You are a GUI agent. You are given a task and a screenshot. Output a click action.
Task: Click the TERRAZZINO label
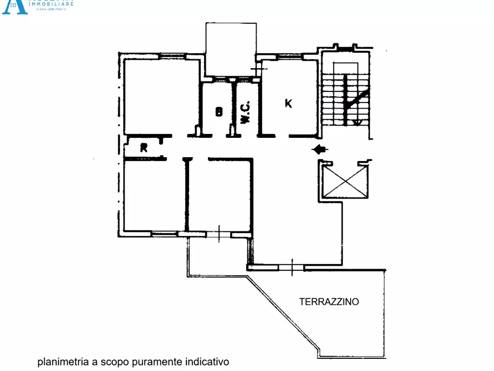coord(329,302)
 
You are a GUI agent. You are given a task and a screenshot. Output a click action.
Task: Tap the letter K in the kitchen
coord(288,104)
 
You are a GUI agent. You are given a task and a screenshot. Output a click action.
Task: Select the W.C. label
coord(245,111)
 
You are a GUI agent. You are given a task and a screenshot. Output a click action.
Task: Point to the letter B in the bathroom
coord(219,112)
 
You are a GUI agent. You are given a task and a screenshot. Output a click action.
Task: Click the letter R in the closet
coord(144,147)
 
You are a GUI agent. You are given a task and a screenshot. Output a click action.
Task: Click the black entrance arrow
coord(320,149)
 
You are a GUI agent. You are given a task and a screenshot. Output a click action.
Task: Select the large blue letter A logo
coord(14,6)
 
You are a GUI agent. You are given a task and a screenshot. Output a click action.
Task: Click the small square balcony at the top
coord(231,49)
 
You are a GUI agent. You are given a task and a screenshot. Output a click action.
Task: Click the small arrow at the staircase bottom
coord(357,122)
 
